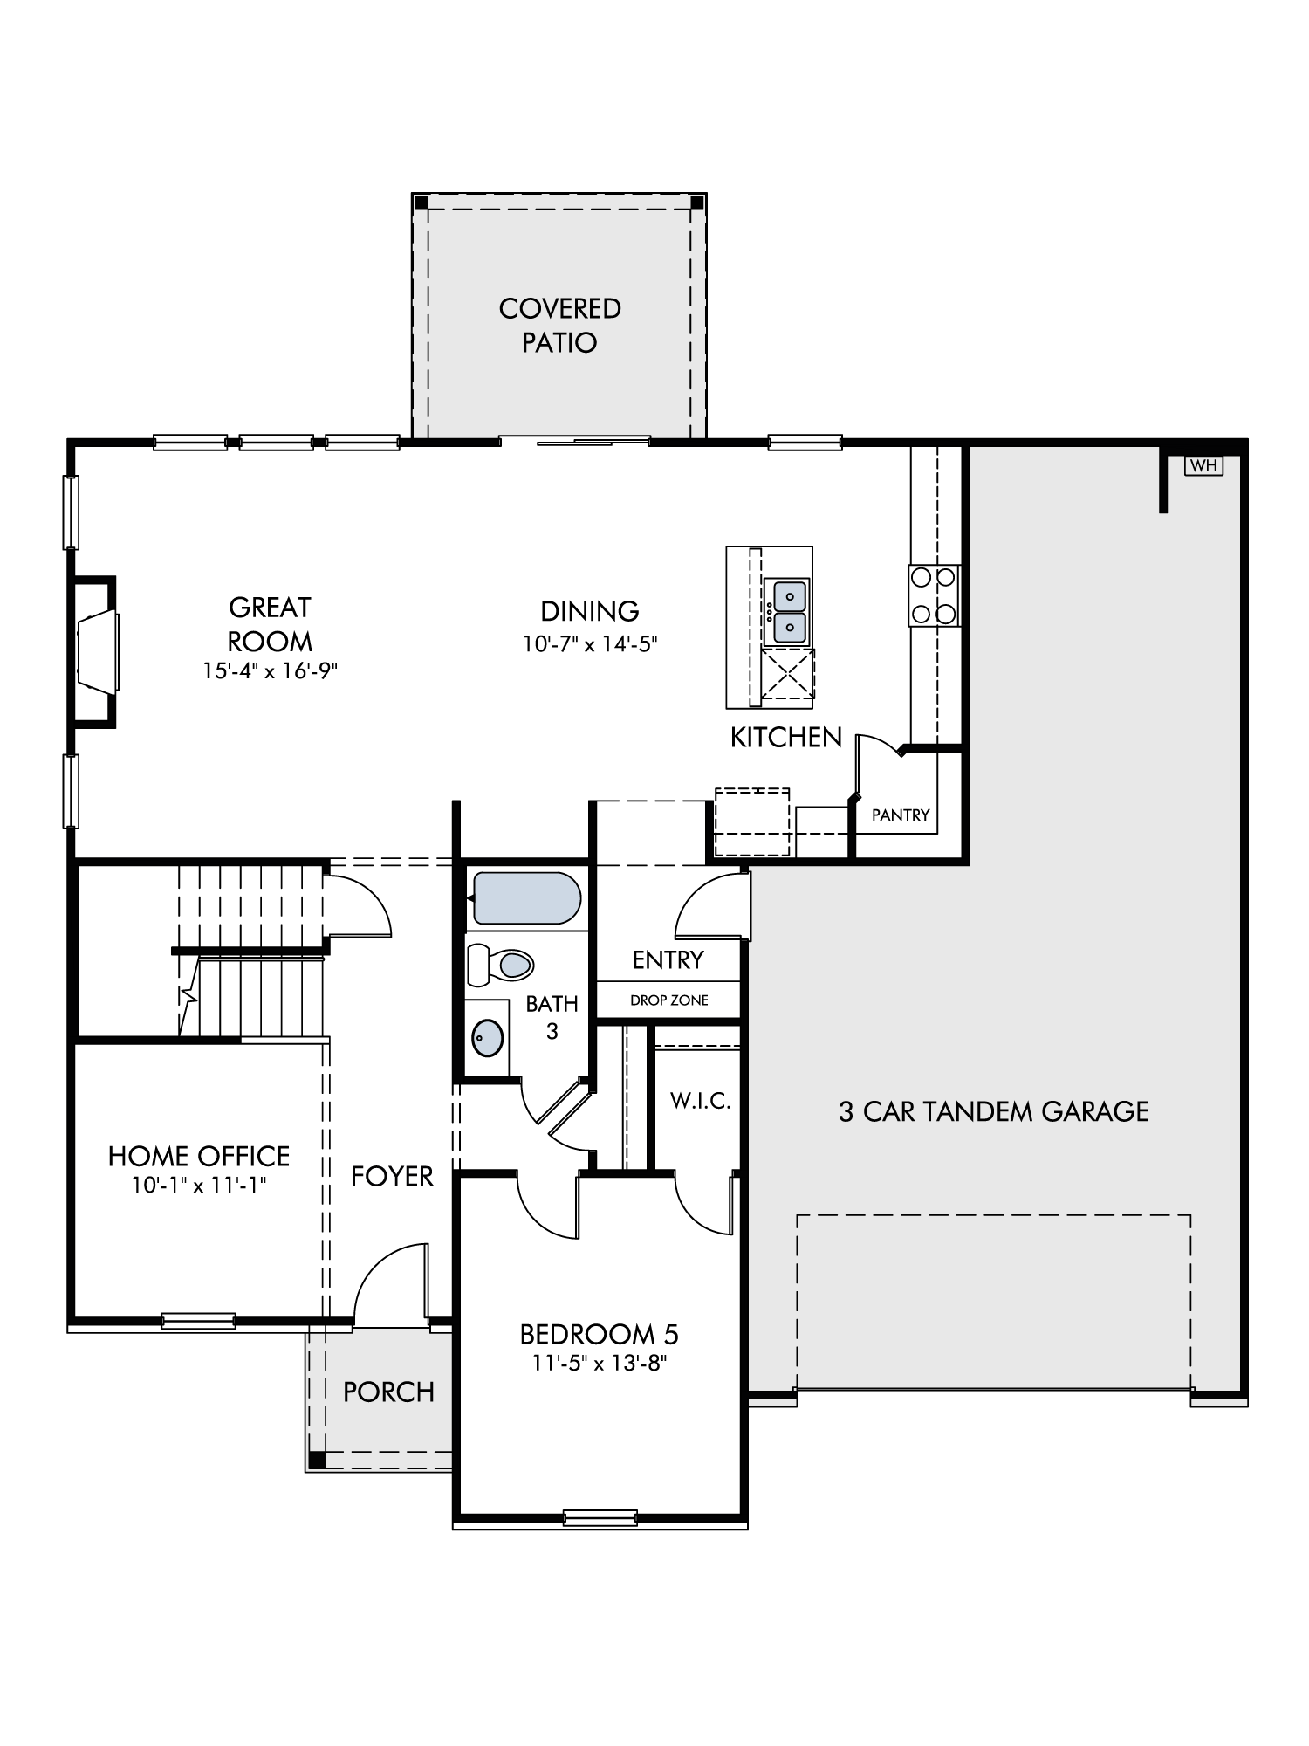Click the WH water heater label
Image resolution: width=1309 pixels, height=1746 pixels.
1203,466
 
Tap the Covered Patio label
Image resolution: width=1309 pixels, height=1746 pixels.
560,325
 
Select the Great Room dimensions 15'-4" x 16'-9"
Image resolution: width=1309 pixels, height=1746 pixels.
270,671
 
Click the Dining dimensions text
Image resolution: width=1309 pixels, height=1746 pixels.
590,644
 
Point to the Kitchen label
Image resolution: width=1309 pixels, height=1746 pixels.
786,738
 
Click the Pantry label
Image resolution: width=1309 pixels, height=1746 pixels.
901,815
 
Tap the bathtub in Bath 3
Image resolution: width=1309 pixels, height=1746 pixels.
525,898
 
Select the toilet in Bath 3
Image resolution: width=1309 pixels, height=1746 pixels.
500,965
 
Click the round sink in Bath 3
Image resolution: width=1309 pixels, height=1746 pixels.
487,1038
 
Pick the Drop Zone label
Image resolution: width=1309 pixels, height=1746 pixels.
669,1000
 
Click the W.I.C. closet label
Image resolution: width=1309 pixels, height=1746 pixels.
701,1101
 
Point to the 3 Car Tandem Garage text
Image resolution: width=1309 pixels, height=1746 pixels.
994,1111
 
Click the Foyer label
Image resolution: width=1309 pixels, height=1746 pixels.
392,1177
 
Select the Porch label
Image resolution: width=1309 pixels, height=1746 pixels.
388,1392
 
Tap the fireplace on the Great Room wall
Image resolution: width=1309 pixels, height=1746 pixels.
96,651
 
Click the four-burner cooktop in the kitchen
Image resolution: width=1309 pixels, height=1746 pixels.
934,595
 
